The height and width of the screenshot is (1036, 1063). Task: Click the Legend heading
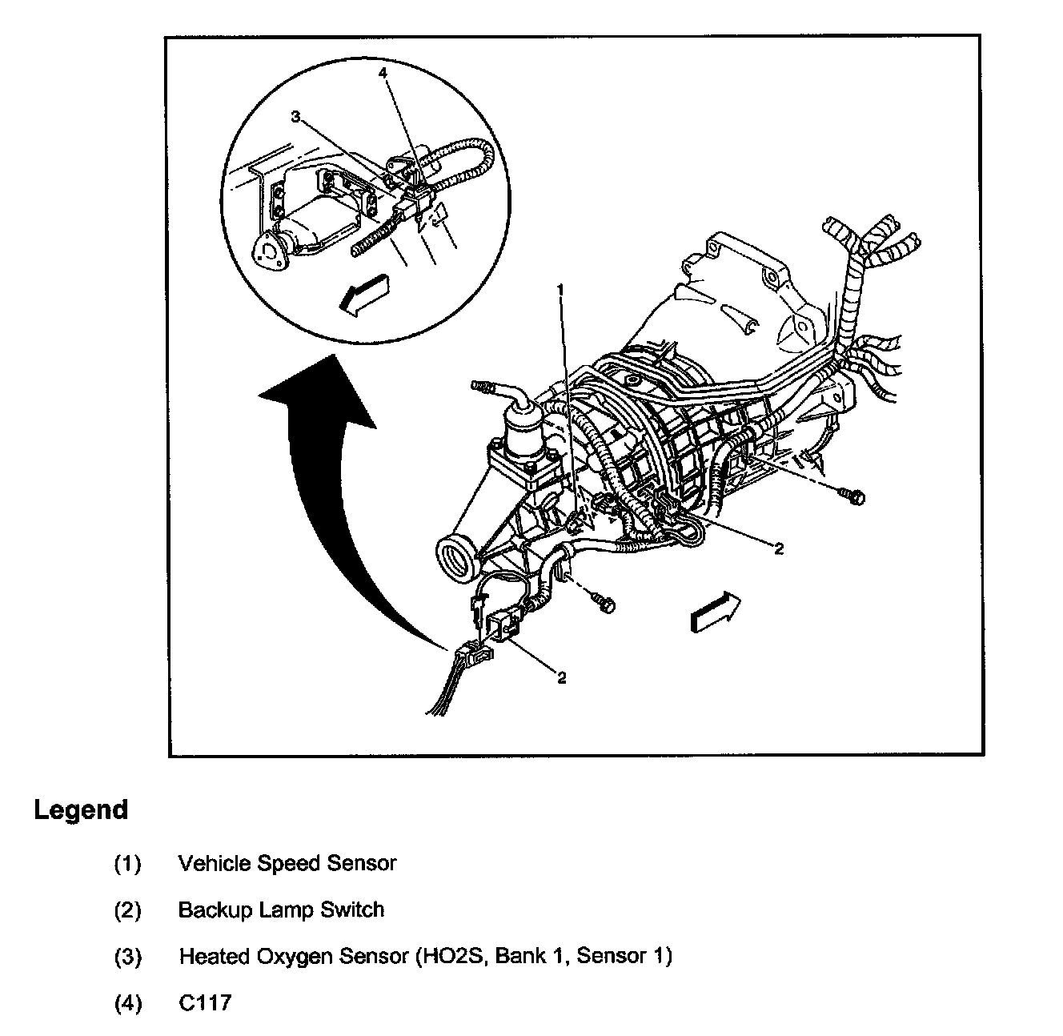click(81, 809)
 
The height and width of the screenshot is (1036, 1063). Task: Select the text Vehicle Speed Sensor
click(287, 863)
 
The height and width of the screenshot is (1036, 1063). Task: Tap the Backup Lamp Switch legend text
click(280, 910)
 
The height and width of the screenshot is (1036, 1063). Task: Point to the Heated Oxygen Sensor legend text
click(425, 956)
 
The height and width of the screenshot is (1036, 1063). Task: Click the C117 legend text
click(205, 1002)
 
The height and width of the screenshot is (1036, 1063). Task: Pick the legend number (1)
click(127, 864)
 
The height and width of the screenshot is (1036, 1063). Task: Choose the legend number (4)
click(127, 1003)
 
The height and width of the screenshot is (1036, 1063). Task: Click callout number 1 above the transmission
click(561, 288)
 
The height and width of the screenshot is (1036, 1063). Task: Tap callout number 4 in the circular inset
click(383, 73)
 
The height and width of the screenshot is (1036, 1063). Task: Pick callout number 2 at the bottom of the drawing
click(562, 678)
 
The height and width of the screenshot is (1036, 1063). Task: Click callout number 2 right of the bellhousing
click(778, 548)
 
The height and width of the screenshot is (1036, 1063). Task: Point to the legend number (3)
click(127, 957)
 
